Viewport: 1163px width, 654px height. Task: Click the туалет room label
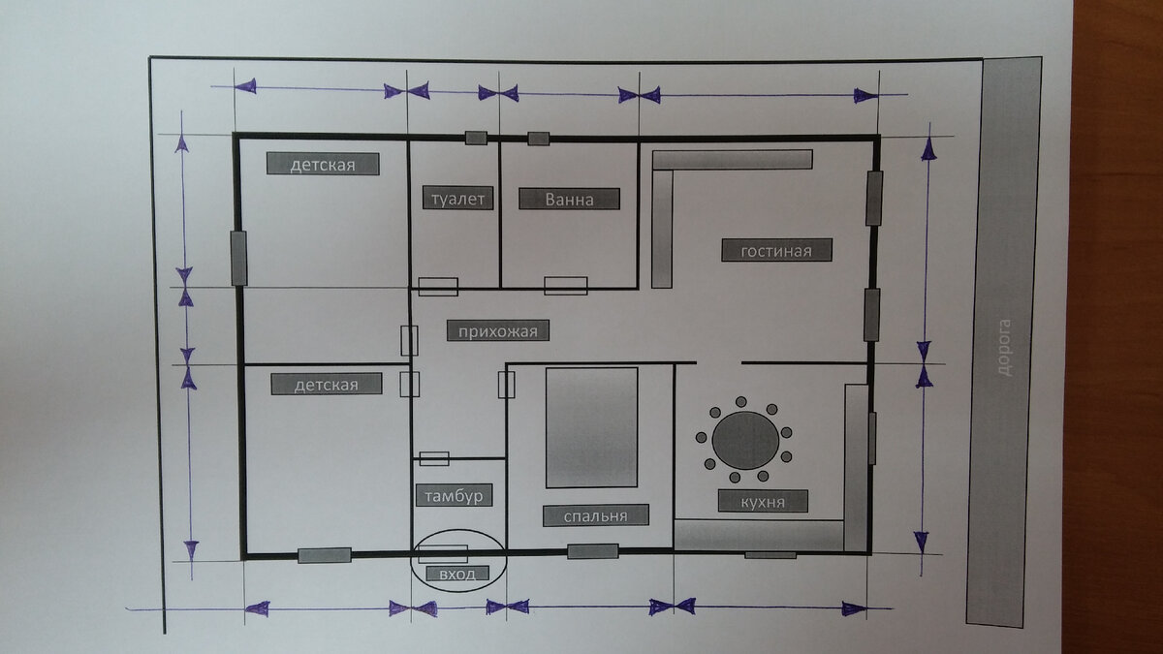pos(457,198)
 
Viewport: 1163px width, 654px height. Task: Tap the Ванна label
pos(569,199)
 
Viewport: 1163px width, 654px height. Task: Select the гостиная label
pos(776,250)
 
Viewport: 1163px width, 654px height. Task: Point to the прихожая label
pos(498,330)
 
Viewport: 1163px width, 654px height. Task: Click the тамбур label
pos(454,495)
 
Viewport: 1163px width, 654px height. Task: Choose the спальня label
pos(595,515)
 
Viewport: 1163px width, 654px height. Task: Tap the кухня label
pos(763,502)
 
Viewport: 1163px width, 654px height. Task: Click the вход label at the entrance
pos(457,574)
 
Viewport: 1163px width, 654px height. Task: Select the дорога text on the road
pos(1005,348)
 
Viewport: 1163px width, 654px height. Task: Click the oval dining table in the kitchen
pos(745,441)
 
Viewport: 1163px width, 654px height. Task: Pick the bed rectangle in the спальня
pos(592,427)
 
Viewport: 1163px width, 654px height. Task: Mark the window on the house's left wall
pos(238,259)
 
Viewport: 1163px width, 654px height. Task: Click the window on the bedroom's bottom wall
pos(592,551)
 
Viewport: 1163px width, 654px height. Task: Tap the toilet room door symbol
pos(438,287)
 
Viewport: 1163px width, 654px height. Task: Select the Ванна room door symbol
pos(566,286)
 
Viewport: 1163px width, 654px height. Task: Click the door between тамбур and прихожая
pos(434,459)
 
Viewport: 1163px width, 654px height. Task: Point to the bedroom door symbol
pos(506,385)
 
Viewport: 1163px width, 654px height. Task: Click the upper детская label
pos(323,164)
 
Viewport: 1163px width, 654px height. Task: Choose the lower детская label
pos(327,384)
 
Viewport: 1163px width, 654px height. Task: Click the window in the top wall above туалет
pos(476,138)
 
